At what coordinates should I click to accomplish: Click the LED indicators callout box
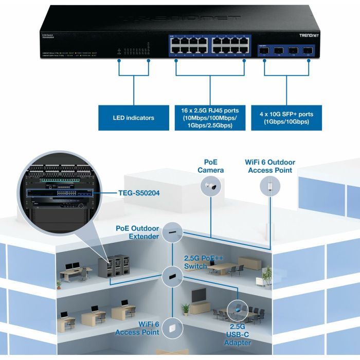coord(133,118)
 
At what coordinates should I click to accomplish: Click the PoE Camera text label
coord(211,167)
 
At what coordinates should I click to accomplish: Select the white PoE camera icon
coord(212,188)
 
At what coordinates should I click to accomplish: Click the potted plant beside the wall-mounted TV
coord(186,309)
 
